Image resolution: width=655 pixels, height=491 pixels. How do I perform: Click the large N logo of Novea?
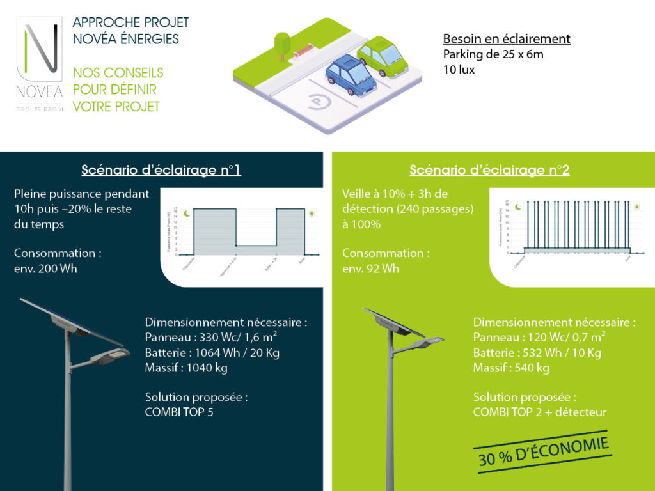click(39, 52)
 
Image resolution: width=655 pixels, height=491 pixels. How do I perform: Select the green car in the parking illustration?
click(382, 56)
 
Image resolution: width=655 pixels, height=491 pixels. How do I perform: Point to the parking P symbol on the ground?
click(318, 102)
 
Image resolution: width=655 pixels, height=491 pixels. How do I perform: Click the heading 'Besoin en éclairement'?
click(507, 39)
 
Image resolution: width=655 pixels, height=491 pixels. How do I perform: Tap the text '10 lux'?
click(459, 70)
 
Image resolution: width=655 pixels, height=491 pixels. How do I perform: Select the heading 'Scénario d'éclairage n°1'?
click(161, 170)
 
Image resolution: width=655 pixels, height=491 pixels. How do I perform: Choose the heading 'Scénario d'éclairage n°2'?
click(489, 170)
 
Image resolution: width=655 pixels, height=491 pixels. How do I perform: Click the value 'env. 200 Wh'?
click(45, 269)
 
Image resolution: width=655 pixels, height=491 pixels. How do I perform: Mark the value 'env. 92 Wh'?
click(371, 269)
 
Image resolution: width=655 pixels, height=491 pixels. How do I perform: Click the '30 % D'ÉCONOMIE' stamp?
click(543, 451)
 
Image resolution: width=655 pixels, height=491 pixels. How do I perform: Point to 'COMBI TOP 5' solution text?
click(179, 412)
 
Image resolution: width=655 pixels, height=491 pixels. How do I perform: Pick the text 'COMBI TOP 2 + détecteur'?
click(539, 412)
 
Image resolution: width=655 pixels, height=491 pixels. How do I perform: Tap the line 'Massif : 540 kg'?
click(511, 368)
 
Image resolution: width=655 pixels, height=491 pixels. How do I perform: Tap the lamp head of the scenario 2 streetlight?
click(429, 343)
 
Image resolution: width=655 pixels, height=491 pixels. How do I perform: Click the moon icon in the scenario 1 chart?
click(186, 213)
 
